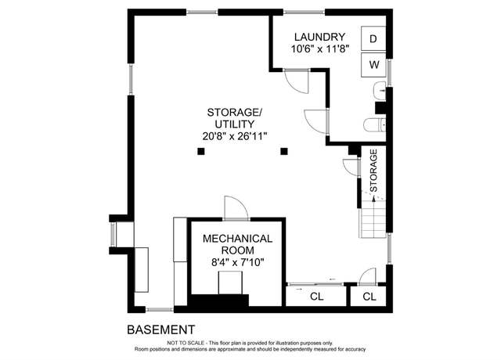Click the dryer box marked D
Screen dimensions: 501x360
[x=373, y=38]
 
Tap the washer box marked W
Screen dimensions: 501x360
[x=373, y=65]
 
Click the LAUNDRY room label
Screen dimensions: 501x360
[x=319, y=37]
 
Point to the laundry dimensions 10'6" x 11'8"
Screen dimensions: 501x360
[x=319, y=49]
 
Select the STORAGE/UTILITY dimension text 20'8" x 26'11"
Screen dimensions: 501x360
[x=235, y=136]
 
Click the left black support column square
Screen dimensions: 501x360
[x=200, y=151]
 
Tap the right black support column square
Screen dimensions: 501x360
[x=284, y=151]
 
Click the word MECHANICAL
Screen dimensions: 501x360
[x=238, y=239]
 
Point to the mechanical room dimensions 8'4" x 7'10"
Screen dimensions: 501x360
[x=238, y=263]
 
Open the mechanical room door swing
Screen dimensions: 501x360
[x=236, y=207]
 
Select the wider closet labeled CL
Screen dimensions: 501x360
[x=316, y=297]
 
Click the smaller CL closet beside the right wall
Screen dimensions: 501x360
[x=369, y=297]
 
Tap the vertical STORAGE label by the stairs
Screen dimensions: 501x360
[x=373, y=171]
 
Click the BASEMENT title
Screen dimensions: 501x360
[x=161, y=329]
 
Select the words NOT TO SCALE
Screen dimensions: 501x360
[x=186, y=343]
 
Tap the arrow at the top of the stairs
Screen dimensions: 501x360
[x=373, y=198]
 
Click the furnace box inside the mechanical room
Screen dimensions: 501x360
[x=230, y=283]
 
